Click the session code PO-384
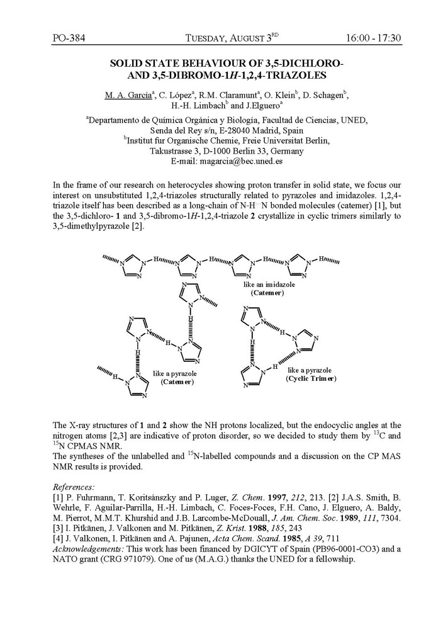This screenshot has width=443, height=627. tap(67, 38)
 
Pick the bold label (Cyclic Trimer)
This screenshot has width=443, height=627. tap(311, 378)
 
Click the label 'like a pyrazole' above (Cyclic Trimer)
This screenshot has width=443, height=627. tap(310, 370)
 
